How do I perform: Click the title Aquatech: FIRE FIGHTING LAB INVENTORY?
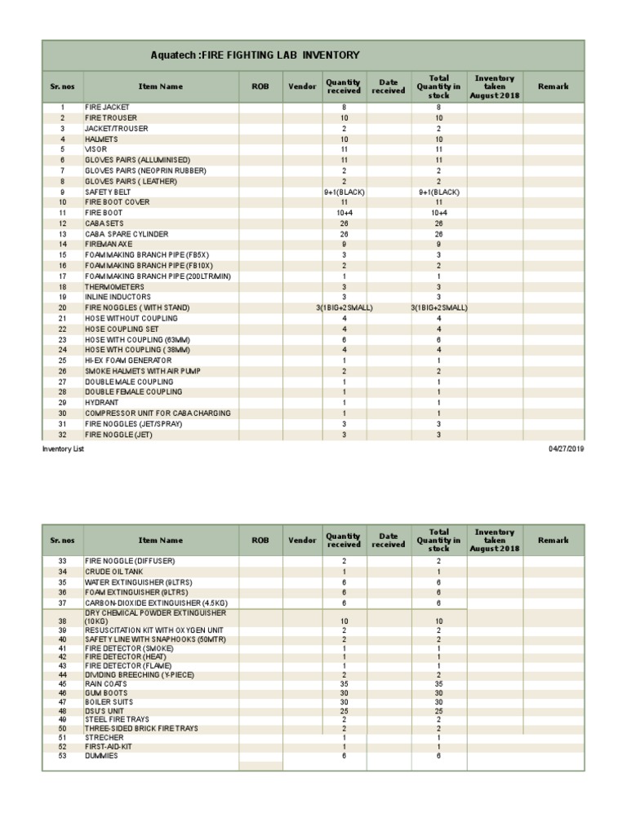coord(255,55)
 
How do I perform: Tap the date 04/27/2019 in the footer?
coord(566,448)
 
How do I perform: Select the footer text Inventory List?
coord(63,448)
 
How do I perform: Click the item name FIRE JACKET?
coord(107,108)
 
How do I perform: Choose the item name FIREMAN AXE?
coord(109,245)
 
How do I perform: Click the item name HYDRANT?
coord(101,403)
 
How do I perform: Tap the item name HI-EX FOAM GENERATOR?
coord(128,360)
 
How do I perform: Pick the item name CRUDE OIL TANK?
coord(114,572)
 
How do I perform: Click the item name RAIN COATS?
coord(106,684)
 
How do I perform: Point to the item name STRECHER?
coord(104,737)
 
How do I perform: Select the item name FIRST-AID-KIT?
coord(109,747)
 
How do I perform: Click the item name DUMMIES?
coord(101,756)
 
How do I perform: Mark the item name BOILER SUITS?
coord(109,702)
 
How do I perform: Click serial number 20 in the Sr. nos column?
coord(62,307)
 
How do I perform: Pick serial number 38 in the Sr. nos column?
coord(62,621)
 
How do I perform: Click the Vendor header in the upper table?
coord(303,86)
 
